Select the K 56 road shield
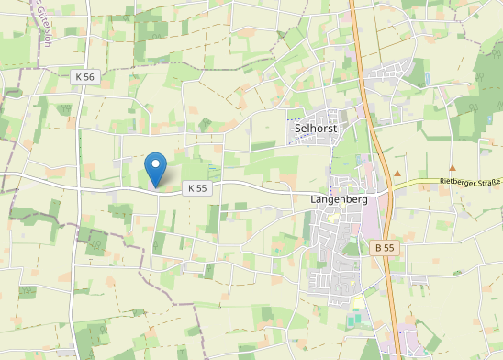[x=84, y=77]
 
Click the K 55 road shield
[x=197, y=188]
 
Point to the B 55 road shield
[x=384, y=248]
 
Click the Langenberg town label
[x=340, y=199]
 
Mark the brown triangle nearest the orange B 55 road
[x=397, y=172]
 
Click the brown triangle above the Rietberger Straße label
[x=453, y=169]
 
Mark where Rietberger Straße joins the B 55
[x=385, y=191]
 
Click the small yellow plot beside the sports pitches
[x=361, y=302]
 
